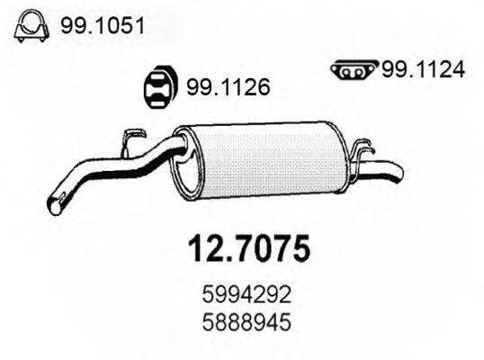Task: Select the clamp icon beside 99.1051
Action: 31,30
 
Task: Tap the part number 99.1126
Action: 229,88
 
